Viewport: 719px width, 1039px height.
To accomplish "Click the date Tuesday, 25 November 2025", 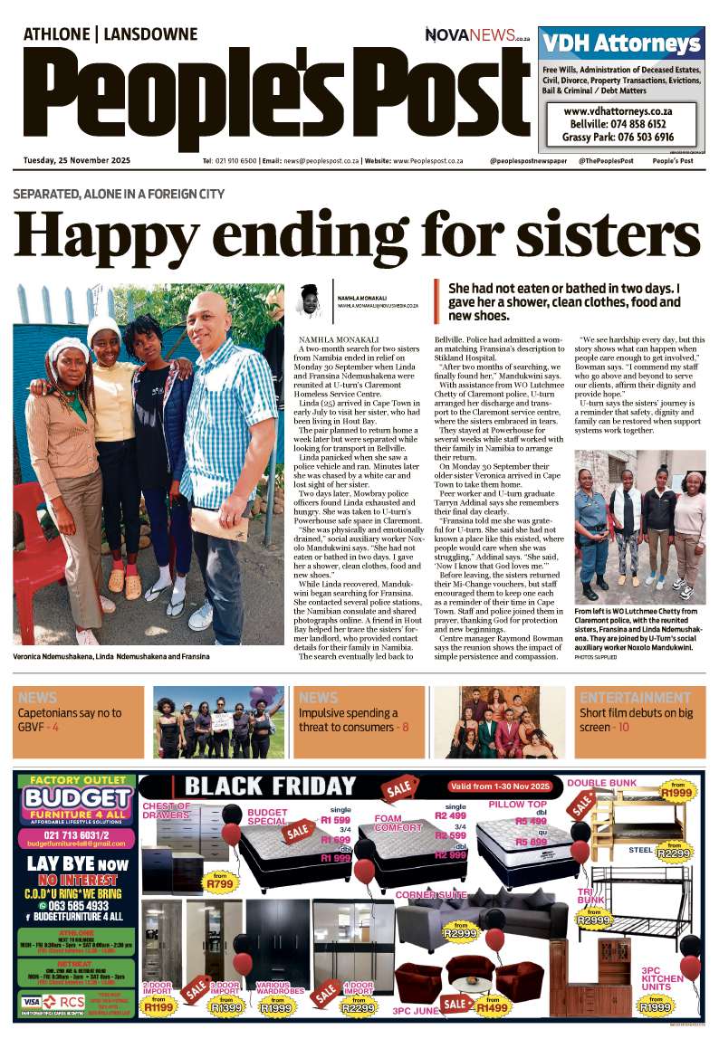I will (x=77, y=161).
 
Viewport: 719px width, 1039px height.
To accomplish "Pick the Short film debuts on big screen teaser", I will (x=638, y=720).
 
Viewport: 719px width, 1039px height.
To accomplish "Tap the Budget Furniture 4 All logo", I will (x=77, y=804).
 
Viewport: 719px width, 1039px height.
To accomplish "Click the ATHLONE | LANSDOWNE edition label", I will (x=110, y=34).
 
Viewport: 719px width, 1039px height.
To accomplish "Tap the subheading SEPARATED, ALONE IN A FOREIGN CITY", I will (x=119, y=194).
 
